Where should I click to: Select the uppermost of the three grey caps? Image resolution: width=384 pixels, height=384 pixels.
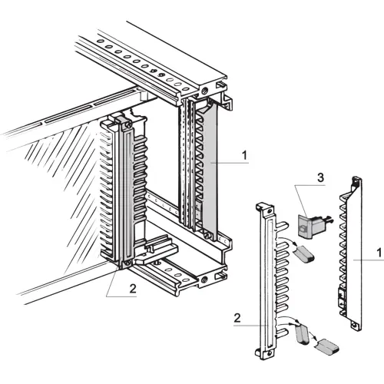(302, 253)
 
